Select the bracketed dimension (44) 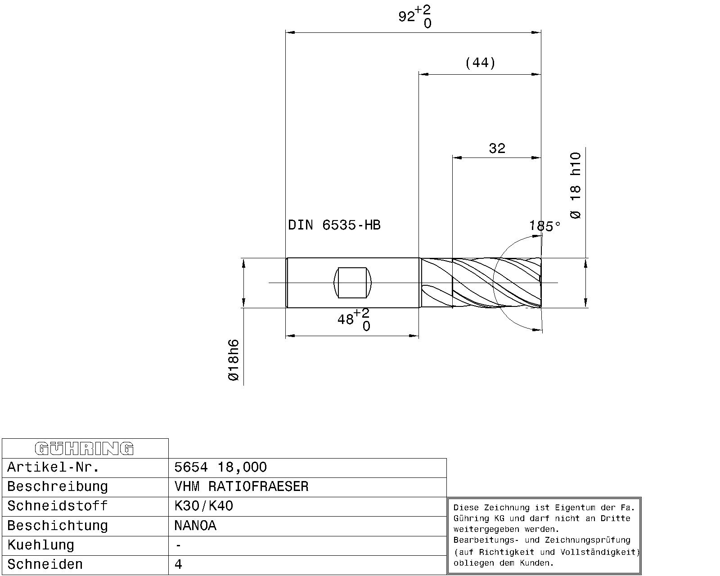click(480, 63)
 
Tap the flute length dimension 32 click(497, 148)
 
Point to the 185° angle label click(544, 226)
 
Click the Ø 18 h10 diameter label click(576, 185)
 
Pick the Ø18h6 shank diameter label click(233, 360)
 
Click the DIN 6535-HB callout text click(334, 225)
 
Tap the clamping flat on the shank click(353, 283)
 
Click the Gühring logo click(84, 449)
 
